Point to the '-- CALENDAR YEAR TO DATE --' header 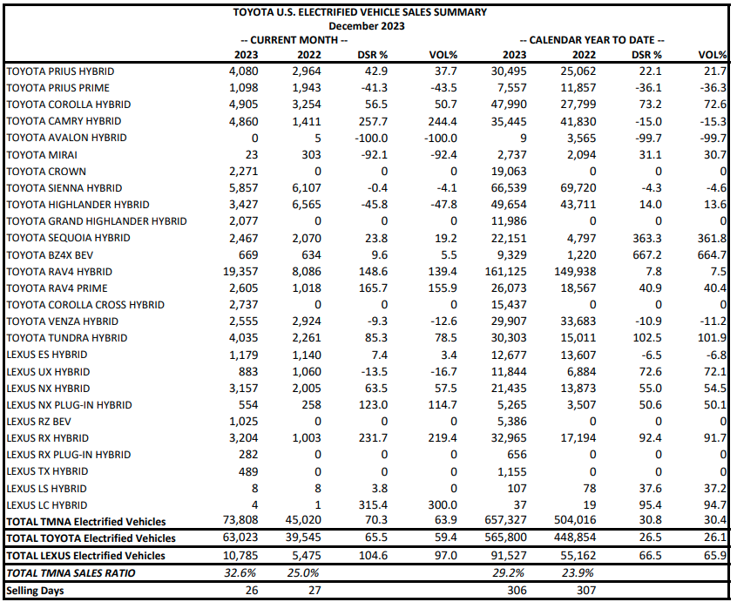[592, 40]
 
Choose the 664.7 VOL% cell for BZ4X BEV [712, 255]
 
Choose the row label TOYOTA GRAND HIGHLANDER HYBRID [96, 221]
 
